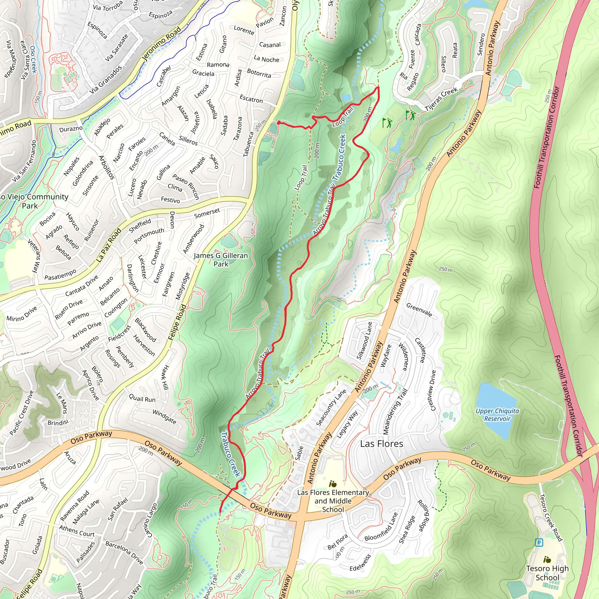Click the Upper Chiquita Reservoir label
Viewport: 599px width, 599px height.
(x=497, y=414)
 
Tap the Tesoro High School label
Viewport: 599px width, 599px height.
(x=547, y=573)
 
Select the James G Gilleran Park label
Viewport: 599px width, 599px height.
(x=221, y=260)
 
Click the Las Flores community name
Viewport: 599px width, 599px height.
(x=382, y=444)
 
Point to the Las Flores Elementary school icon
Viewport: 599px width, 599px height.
(x=333, y=484)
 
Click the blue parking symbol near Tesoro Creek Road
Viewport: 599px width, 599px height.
(x=539, y=543)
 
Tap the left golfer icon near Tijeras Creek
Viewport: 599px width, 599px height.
(x=387, y=123)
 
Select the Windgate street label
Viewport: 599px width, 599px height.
(x=164, y=417)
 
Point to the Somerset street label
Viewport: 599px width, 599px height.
(x=207, y=213)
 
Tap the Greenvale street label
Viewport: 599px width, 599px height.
(x=419, y=310)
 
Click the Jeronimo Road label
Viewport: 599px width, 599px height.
(x=161, y=43)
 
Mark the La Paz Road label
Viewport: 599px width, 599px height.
(x=109, y=245)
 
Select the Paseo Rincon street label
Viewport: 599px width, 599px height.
(x=186, y=186)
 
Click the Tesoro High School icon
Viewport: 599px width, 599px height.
(x=547, y=560)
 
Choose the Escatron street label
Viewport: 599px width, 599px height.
(x=251, y=99)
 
